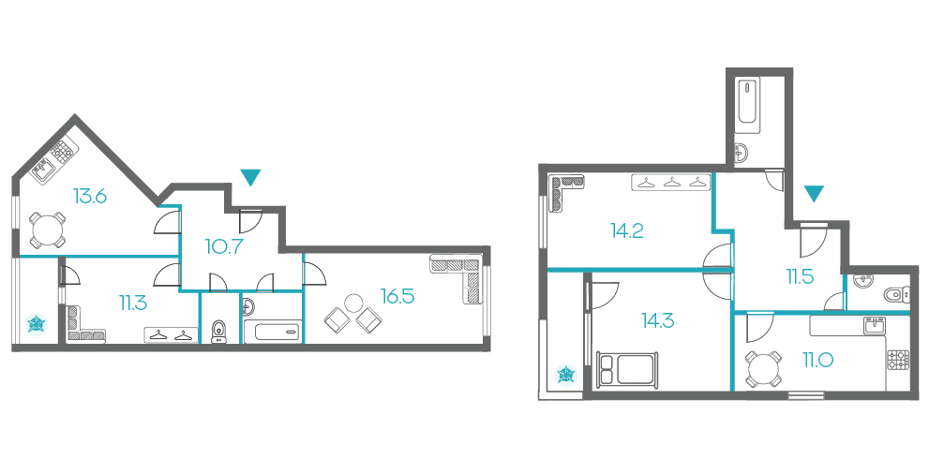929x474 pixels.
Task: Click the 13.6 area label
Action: click(90, 195)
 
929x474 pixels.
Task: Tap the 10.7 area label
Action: click(225, 245)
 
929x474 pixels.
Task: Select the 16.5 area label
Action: click(397, 296)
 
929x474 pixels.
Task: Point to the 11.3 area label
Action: click(133, 304)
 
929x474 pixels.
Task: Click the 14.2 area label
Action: click(627, 230)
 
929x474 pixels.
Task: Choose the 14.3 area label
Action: click(658, 320)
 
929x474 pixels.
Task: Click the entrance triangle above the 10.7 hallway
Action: click(251, 177)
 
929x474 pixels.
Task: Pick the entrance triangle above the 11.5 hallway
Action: click(814, 193)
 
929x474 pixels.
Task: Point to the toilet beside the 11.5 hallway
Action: click(892, 293)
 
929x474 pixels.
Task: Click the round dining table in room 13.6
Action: click(48, 230)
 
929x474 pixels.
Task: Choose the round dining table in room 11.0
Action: click(762, 369)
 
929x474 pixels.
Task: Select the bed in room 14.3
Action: click(627, 370)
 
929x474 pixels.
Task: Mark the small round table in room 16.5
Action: click(354, 303)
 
